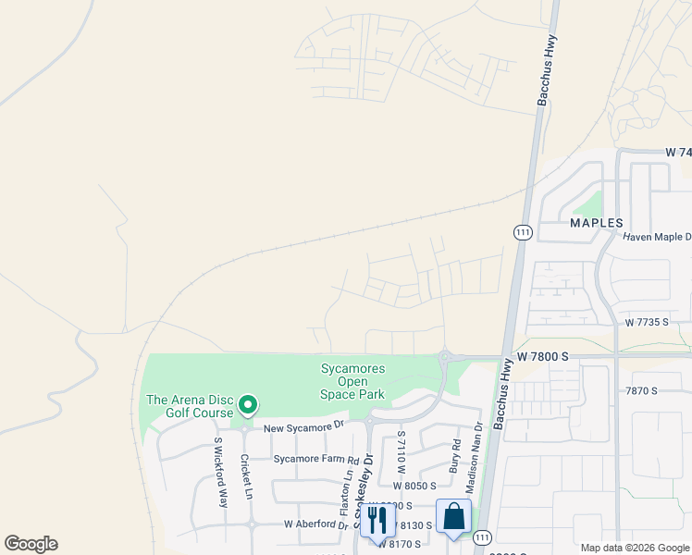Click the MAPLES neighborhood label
(596, 223)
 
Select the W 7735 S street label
(654, 323)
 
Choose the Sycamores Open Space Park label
(352, 381)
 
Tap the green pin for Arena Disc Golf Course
(247, 405)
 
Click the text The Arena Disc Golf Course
(189, 406)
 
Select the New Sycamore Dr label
(303, 427)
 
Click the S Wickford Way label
(220, 473)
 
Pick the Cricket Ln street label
(247, 476)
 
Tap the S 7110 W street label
(402, 451)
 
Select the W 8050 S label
(414, 485)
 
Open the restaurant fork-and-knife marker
(377, 520)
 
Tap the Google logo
(31, 544)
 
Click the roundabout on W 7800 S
(445, 355)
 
